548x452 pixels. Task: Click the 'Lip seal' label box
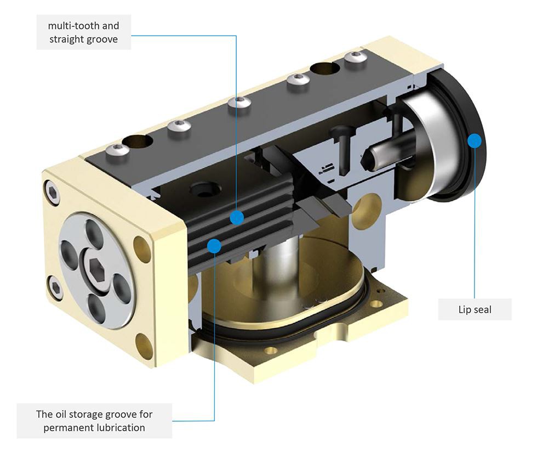pyautogui.click(x=475, y=309)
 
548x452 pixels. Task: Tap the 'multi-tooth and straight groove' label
pyautogui.click(x=83, y=32)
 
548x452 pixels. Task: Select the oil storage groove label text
pyautogui.click(x=94, y=421)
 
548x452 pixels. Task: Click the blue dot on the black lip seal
pyautogui.click(x=474, y=140)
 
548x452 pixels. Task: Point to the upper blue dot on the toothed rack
pyautogui.click(x=237, y=218)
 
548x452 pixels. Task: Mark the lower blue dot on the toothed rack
pyautogui.click(x=214, y=246)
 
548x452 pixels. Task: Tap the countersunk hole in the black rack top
pyautogui.click(x=204, y=191)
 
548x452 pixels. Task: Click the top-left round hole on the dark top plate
pyautogui.click(x=139, y=142)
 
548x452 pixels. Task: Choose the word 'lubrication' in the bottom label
pyautogui.click(x=122, y=427)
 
